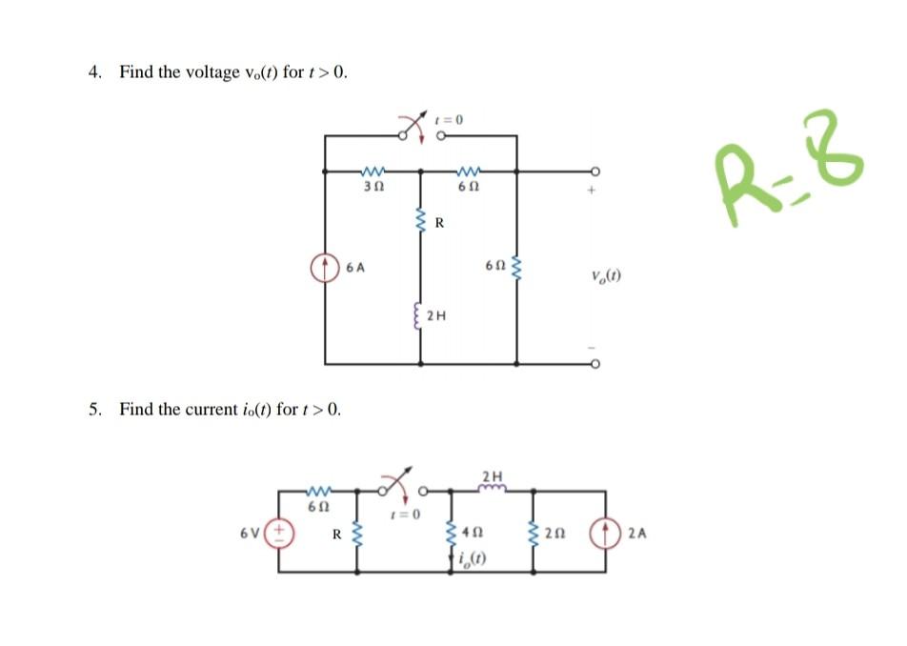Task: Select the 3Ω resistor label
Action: [373, 188]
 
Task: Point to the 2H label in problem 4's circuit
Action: [436, 315]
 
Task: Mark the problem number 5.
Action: [94, 410]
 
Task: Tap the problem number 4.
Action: [94, 72]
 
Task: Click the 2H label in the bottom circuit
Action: [492, 474]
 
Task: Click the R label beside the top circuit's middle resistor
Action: [439, 225]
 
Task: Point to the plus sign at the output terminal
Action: [592, 192]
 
